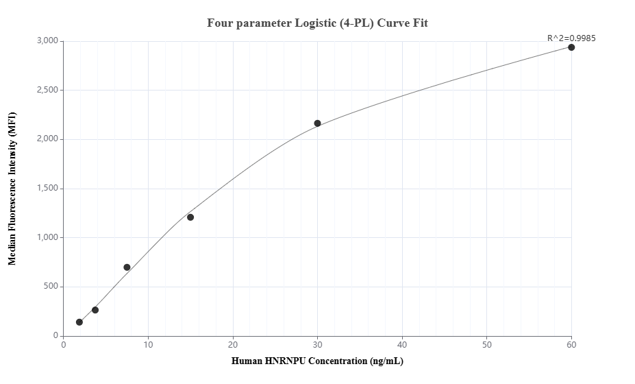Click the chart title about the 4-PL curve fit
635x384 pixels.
click(x=317, y=23)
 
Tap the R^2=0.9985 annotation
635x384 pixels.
click(x=571, y=38)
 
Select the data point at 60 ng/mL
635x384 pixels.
click(x=571, y=47)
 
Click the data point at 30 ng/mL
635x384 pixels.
click(x=317, y=123)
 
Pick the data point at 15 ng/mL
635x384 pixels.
click(x=190, y=217)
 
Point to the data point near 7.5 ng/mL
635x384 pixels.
click(x=127, y=267)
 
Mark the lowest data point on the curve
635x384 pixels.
click(x=79, y=322)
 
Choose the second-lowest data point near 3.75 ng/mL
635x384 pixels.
click(x=95, y=310)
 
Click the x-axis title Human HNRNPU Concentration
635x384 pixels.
click(x=317, y=361)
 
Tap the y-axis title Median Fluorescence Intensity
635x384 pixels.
click(x=12, y=189)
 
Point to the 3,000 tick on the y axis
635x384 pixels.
click(x=47, y=41)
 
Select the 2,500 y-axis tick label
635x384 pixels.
click(x=47, y=91)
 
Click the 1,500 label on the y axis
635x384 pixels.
click(x=47, y=189)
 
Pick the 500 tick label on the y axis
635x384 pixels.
click(x=51, y=287)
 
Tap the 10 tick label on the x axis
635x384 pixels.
click(x=148, y=344)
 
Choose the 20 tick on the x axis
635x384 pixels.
click(x=233, y=344)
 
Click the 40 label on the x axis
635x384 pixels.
click(x=402, y=344)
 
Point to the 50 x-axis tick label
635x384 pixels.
click(x=487, y=344)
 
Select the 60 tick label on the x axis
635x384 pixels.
click(x=571, y=344)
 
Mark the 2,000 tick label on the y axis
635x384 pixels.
click(x=47, y=139)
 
